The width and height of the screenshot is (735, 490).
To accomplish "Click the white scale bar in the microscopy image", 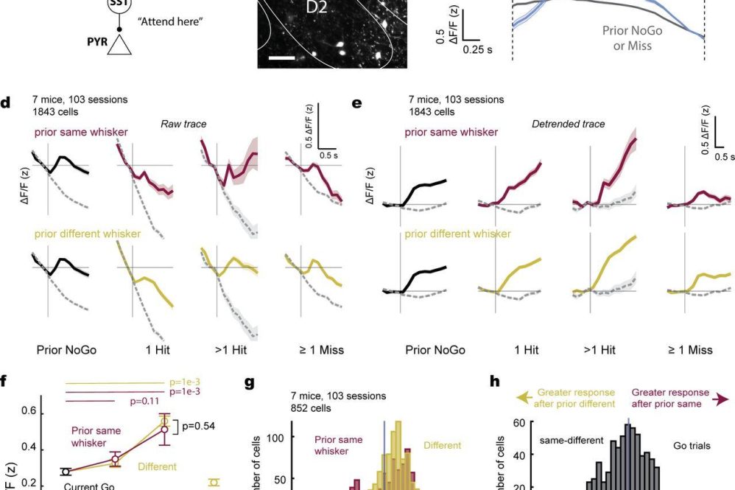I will coord(284,56).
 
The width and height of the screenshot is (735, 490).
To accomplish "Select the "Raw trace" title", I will coord(183,125).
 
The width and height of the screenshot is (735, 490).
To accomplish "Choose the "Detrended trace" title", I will coord(568,125).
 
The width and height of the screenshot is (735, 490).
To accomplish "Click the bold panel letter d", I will coord(5,104).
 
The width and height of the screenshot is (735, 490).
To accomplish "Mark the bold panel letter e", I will coord(358,104).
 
